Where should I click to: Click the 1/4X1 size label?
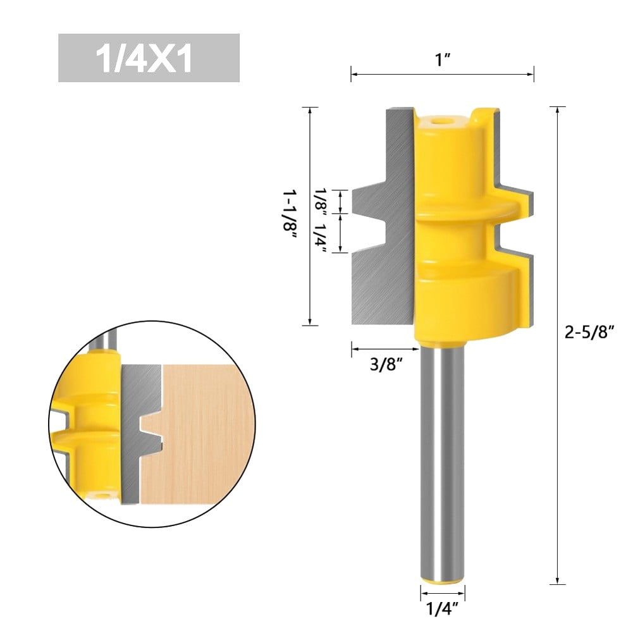(149, 58)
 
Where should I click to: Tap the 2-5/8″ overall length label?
(589, 333)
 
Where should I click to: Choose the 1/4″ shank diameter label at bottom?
(442, 611)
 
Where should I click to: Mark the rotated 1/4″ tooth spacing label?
(322, 233)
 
